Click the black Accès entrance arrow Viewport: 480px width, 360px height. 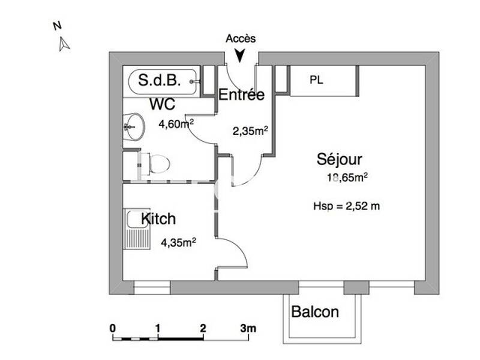click(240, 55)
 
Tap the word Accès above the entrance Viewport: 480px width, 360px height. click(241, 38)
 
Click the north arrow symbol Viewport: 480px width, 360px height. click(64, 44)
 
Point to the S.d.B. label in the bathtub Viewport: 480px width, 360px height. click(160, 80)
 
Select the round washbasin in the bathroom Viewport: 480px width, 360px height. click(133, 127)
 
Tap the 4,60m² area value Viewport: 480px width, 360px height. click(176, 124)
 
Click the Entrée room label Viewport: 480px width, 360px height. click(241, 95)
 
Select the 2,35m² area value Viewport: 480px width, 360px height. click(250, 131)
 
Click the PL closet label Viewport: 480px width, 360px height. click(316, 80)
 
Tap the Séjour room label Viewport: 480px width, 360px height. click(340, 159)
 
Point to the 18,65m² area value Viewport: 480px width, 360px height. click(347, 177)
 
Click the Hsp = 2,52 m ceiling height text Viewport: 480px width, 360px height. click(347, 206)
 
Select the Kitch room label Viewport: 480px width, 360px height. click(158, 219)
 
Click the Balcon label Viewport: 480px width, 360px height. click(315, 312)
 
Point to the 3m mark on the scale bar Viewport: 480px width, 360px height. click(247, 328)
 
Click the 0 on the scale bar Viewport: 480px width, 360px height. click(113, 328)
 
